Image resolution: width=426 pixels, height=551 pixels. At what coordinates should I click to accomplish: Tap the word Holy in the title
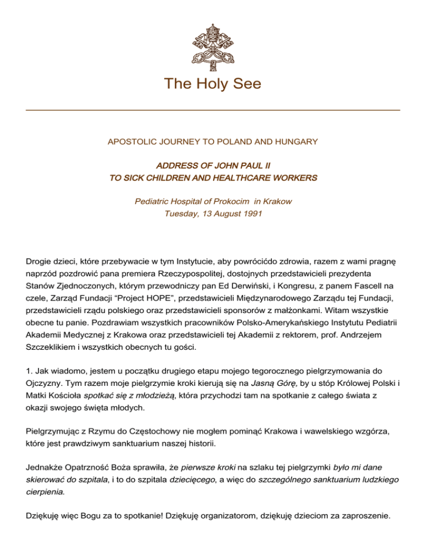pos(212,84)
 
